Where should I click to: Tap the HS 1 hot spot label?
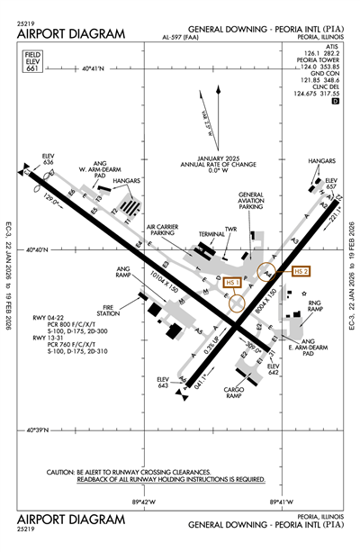(232, 282)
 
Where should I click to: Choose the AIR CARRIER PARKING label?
(162, 230)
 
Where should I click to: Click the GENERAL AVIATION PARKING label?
(251, 200)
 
